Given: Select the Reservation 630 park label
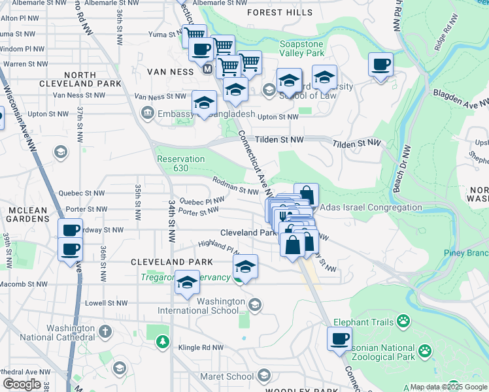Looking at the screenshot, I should point(181,163).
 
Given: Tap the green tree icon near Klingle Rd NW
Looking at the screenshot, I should point(162,341).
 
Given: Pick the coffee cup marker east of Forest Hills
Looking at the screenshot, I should point(380,65).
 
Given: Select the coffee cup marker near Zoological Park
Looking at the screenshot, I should point(339,339).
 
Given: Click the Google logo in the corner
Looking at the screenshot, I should point(22,384).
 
